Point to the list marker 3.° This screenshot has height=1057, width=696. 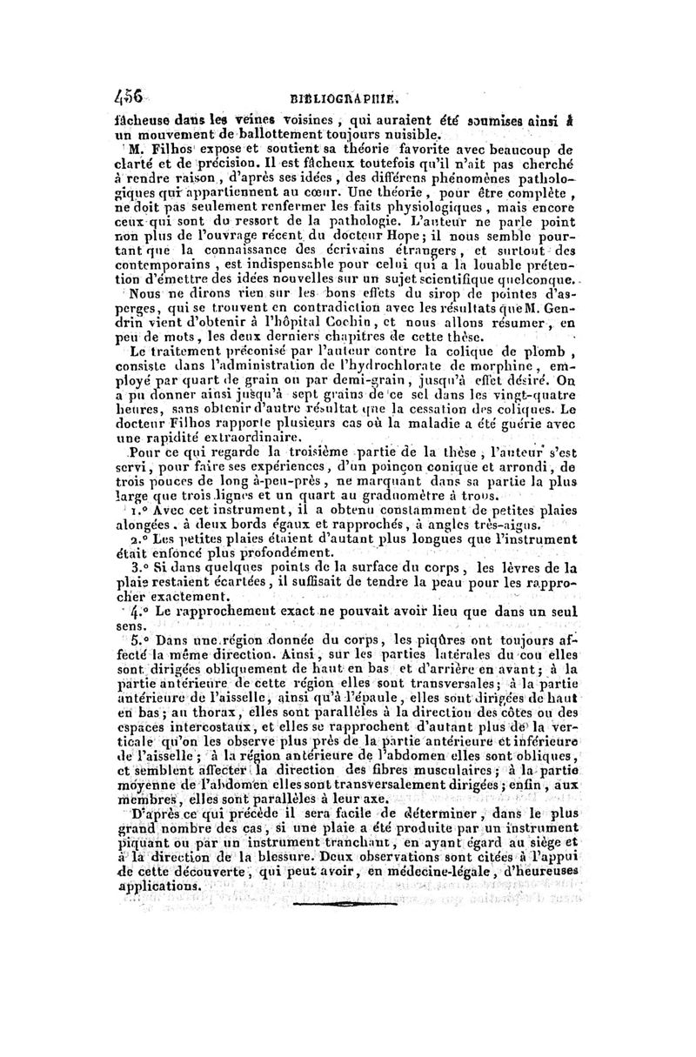139,566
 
